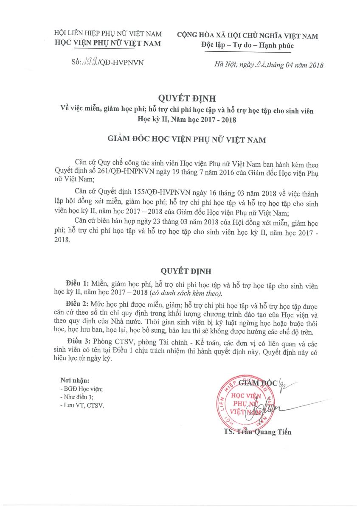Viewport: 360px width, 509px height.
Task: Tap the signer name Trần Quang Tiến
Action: tap(257, 432)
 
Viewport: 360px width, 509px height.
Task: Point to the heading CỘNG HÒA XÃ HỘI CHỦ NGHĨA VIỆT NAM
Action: tap(247, 36)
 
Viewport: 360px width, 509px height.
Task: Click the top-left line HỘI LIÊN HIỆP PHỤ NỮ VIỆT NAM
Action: tap(109, 33)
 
